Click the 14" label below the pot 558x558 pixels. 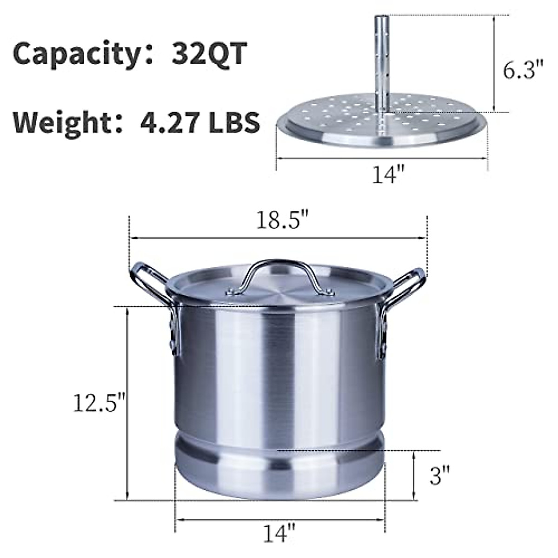tap(279, 533)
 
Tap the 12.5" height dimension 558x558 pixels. tap(100, 403)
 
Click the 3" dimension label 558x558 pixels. tap(439, 475)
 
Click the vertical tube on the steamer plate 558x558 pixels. tap(381, 60)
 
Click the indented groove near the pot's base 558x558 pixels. tap(279, 439)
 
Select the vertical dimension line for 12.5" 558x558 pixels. tap(127, 403)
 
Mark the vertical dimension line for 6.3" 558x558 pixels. tap(494, 64)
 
